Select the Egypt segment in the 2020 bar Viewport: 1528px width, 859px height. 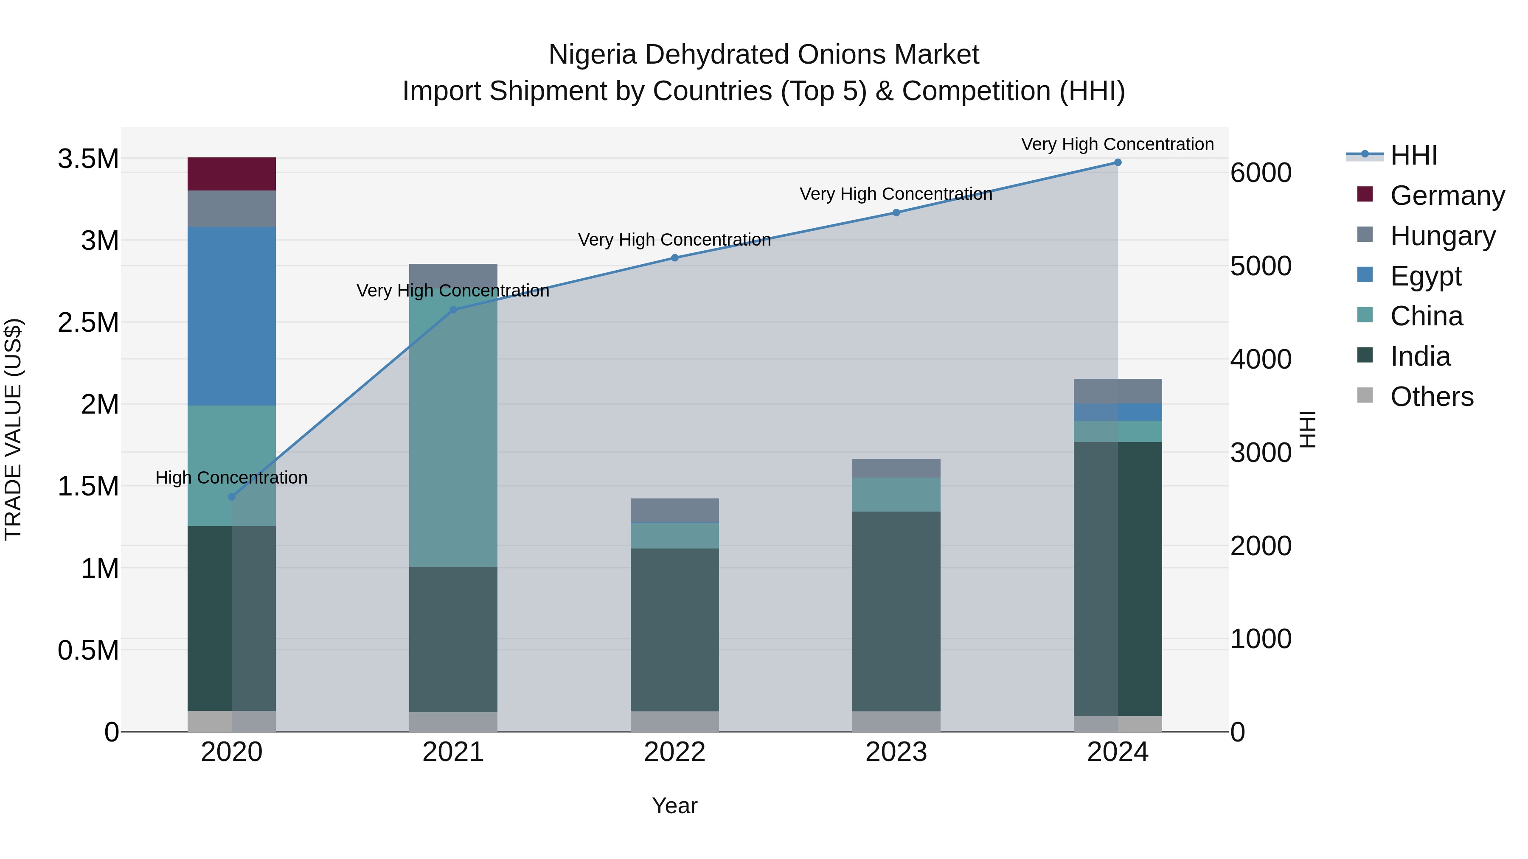coord(231,316)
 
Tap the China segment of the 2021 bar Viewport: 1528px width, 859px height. coord(453,427)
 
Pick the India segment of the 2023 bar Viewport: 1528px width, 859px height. coord(896,610)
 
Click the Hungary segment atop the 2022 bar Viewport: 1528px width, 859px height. coord(674,510)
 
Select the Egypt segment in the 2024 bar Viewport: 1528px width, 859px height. coord(1118,412)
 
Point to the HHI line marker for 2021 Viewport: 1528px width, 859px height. coord(453,310)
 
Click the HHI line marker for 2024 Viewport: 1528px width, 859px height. coord(1118,162)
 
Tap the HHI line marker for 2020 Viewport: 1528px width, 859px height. coord(232,497)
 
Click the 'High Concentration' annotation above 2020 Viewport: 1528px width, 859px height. coord(231,478)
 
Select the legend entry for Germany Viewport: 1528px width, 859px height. coord(1447,196)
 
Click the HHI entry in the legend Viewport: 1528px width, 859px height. coord(1413,155)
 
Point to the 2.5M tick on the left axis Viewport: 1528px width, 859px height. coord(88,323)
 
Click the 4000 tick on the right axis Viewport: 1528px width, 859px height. coord(1261,359)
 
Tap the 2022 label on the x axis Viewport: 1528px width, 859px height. coord(674,752)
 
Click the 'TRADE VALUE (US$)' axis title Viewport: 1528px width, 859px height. coord(13,429)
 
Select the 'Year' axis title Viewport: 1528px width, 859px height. coord(674,806)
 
